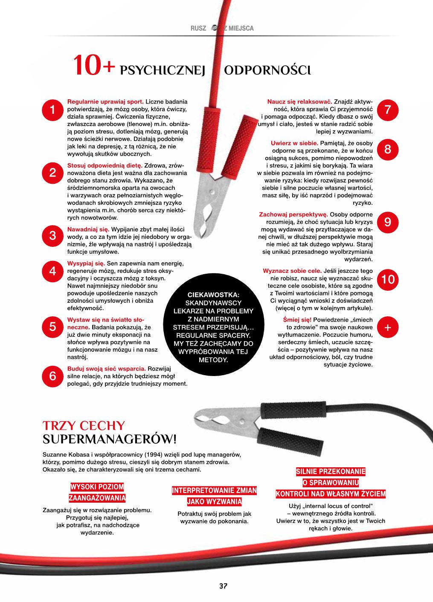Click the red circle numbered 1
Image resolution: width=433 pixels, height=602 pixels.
[x=52, y=110]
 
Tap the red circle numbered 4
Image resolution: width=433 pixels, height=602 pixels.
[x=52, y=271]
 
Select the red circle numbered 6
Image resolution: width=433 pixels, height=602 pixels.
[x=52, y=376]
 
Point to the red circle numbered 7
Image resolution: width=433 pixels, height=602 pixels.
[x=387, y=110]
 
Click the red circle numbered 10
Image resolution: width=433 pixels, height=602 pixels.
[x=388, y=280]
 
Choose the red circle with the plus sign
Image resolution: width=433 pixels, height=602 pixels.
[x=387, y=327]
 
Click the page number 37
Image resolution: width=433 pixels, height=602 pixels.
[x=223, y=586]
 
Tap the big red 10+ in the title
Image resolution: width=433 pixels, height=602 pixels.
[x=94, y=67]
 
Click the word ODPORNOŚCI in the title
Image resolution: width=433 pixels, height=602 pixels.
[x=267, y=70]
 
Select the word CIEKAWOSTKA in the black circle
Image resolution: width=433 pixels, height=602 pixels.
[x=213, y=295]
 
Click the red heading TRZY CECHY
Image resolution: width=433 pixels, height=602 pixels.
[x=84, y=425]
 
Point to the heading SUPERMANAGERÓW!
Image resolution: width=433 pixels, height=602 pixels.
[x=110, y=439]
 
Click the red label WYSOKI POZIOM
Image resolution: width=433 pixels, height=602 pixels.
[x=97, y=487]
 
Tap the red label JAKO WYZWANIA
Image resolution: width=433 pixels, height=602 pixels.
[x=215, y=502]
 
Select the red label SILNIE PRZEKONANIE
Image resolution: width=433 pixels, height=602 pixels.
[x=331, y=472]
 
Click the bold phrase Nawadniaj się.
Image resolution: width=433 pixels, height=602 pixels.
[x=88, y=229]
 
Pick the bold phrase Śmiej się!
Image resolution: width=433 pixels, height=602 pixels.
[x=297, y=320]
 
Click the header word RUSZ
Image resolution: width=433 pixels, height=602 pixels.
[x=198, y=29]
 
